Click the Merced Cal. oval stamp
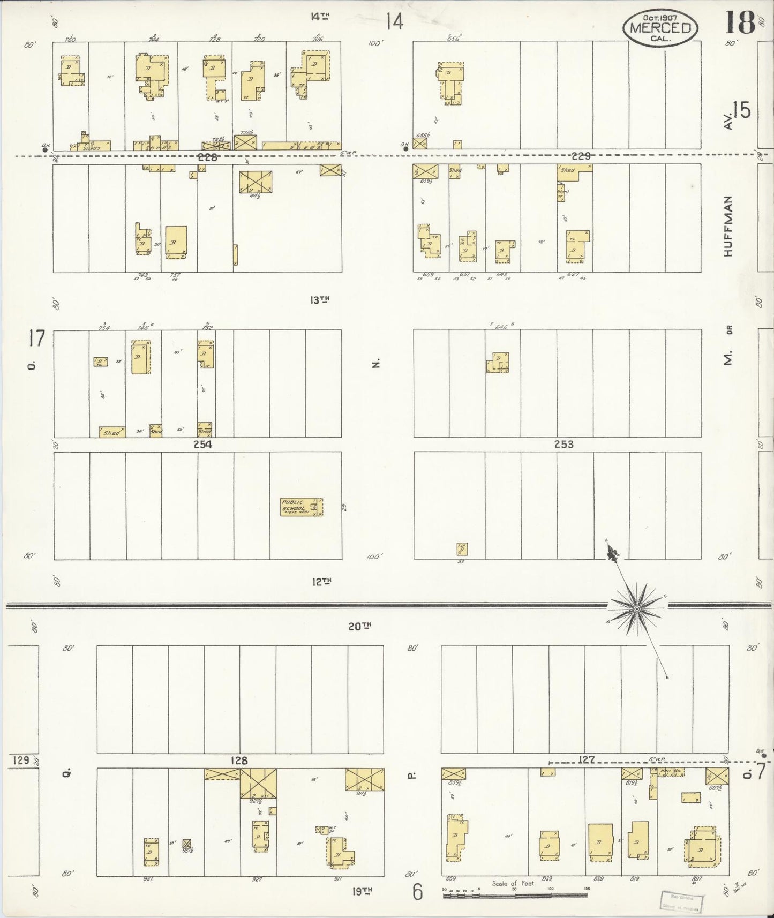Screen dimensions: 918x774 coord(660,26)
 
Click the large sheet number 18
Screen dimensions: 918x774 coord(740,22)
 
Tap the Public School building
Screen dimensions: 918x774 coord(301,507)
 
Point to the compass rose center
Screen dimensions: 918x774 coord(637,610)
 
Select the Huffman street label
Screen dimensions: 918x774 coord(727,226)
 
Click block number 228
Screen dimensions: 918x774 coord(207,157)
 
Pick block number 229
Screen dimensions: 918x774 coord(581,156)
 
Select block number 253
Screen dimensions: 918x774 coord(564,444)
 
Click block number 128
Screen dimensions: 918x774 coord(239,760)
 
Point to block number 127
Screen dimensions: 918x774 coord(587,759)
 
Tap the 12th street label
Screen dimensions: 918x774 coord(321,581)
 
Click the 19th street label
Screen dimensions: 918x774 coord(362,891)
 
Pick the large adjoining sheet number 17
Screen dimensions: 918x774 coord(37,338)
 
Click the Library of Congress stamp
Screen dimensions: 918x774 coord(681,902)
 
